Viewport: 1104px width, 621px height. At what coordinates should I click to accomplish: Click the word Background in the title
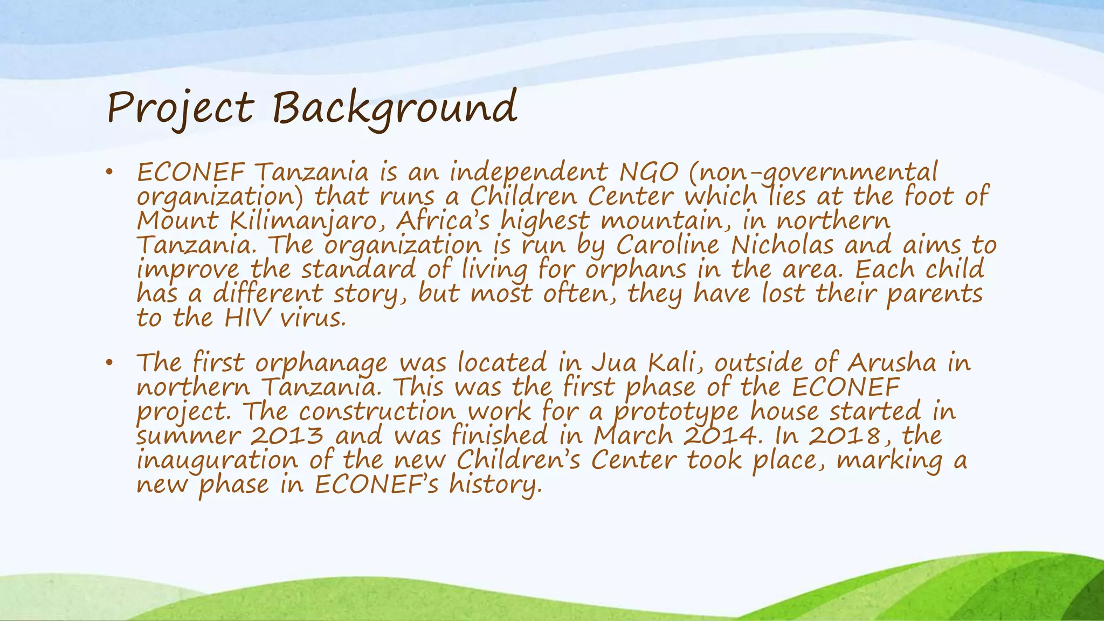click(394, 108)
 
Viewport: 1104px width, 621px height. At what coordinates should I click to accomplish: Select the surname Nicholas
click(782, 246)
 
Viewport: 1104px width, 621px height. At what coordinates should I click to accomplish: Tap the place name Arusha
click(892, 363)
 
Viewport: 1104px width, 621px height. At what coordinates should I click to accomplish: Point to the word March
click(633, 436)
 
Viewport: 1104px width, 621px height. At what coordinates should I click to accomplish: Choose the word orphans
click(636, 270)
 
